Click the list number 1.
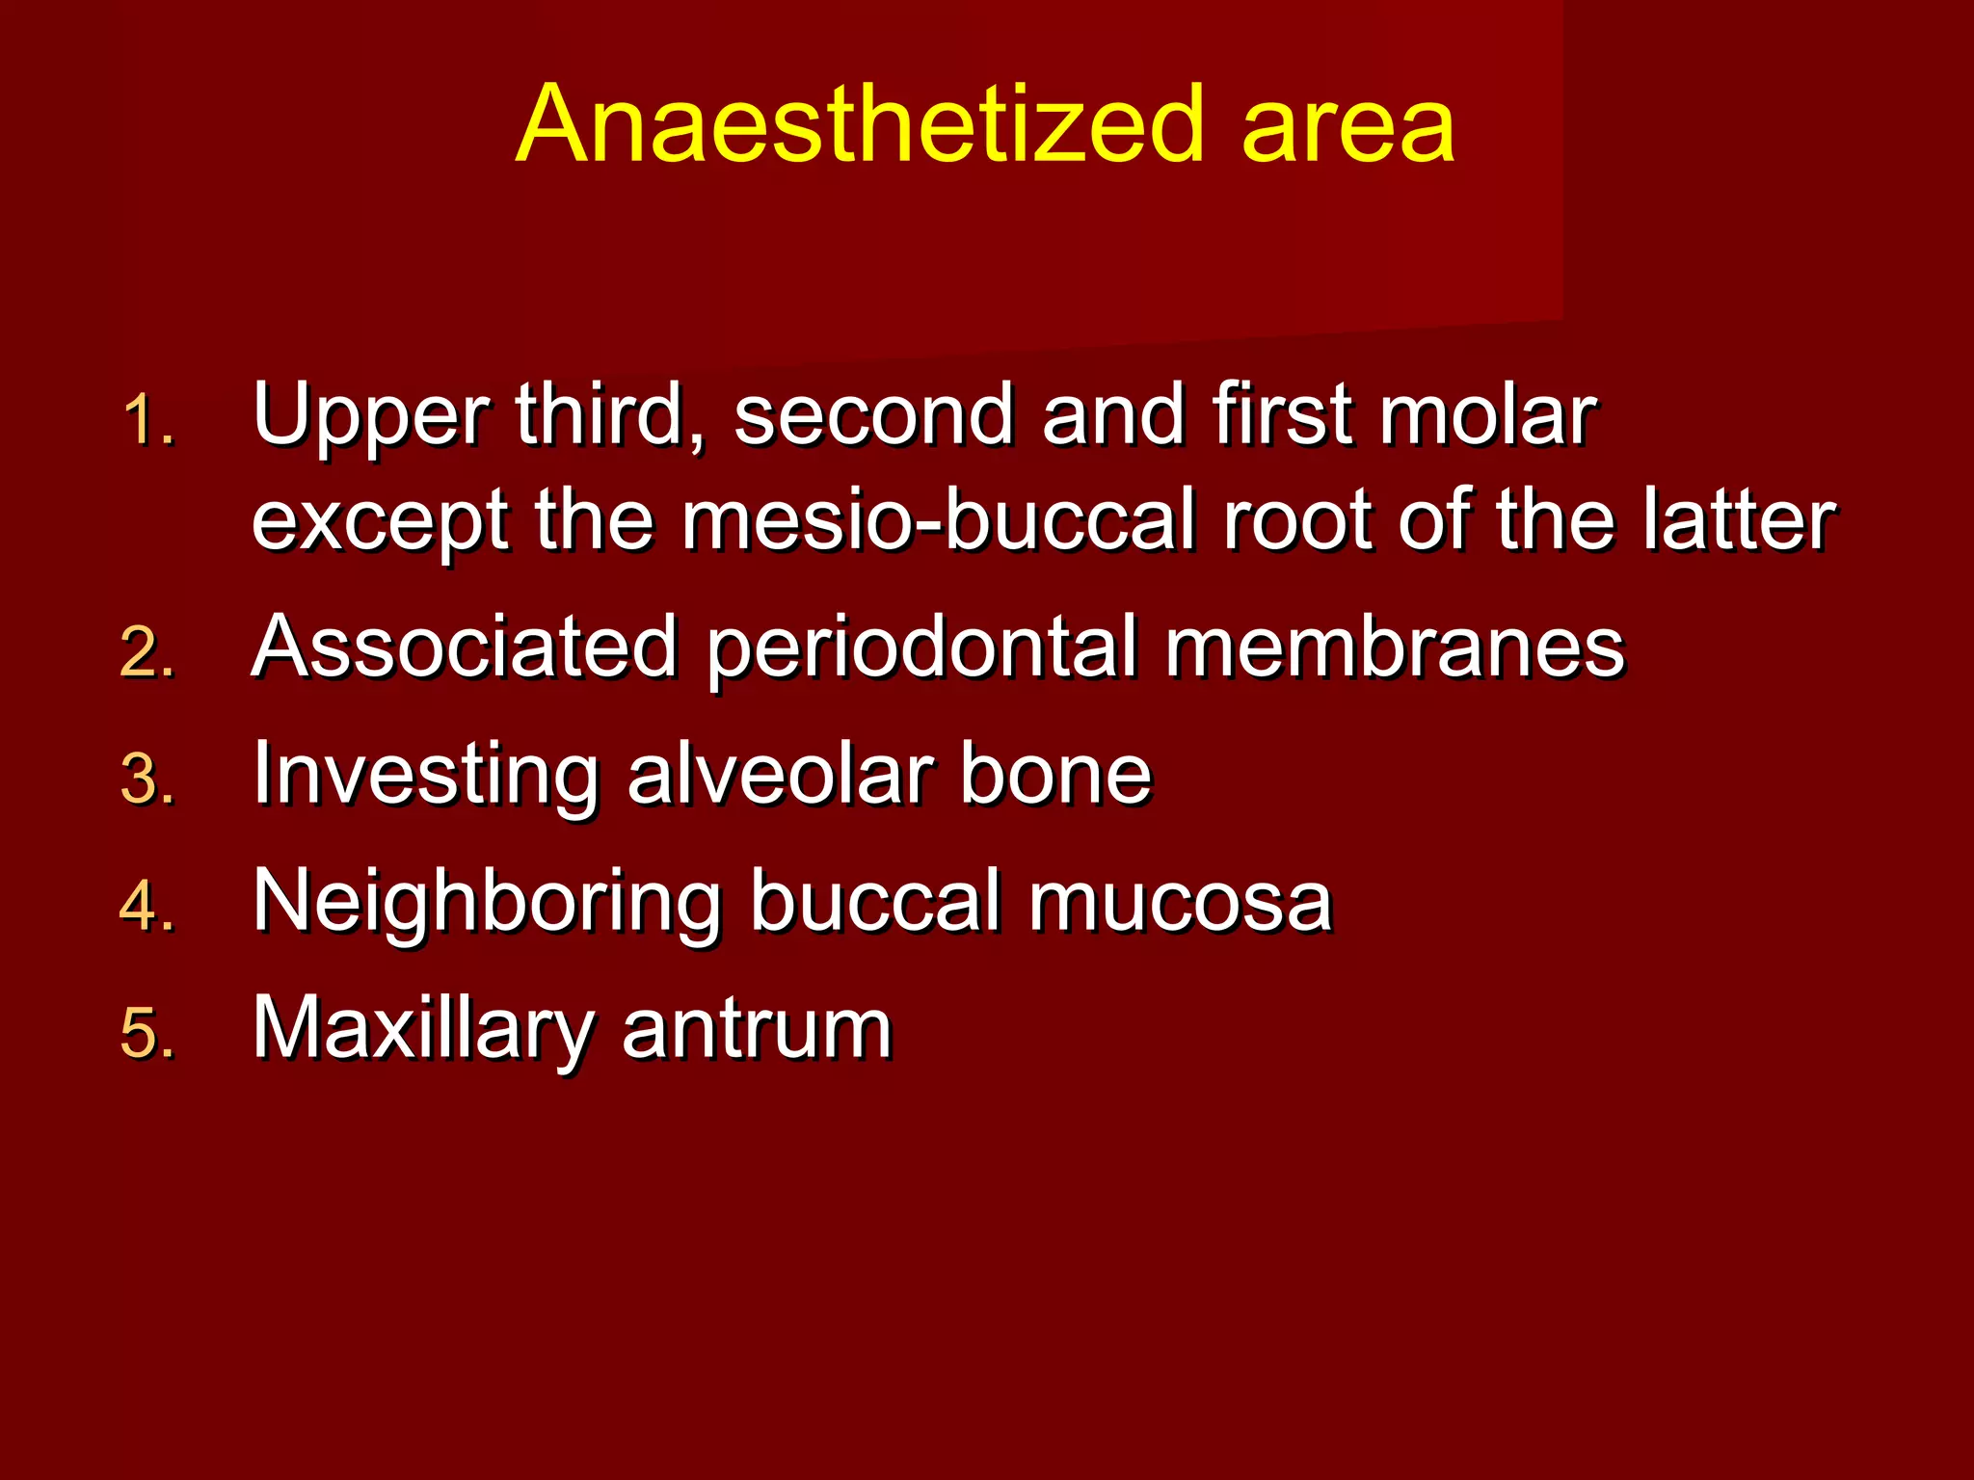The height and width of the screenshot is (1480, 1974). coord(147,421)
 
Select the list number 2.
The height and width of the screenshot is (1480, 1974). coord(147,652)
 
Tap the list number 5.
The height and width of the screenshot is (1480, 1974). coord(147,1033)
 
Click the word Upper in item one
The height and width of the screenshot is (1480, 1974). coord(371,416)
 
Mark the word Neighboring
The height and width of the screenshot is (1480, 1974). coord(487,904)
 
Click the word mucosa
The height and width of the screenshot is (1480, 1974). coord(1180,904)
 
